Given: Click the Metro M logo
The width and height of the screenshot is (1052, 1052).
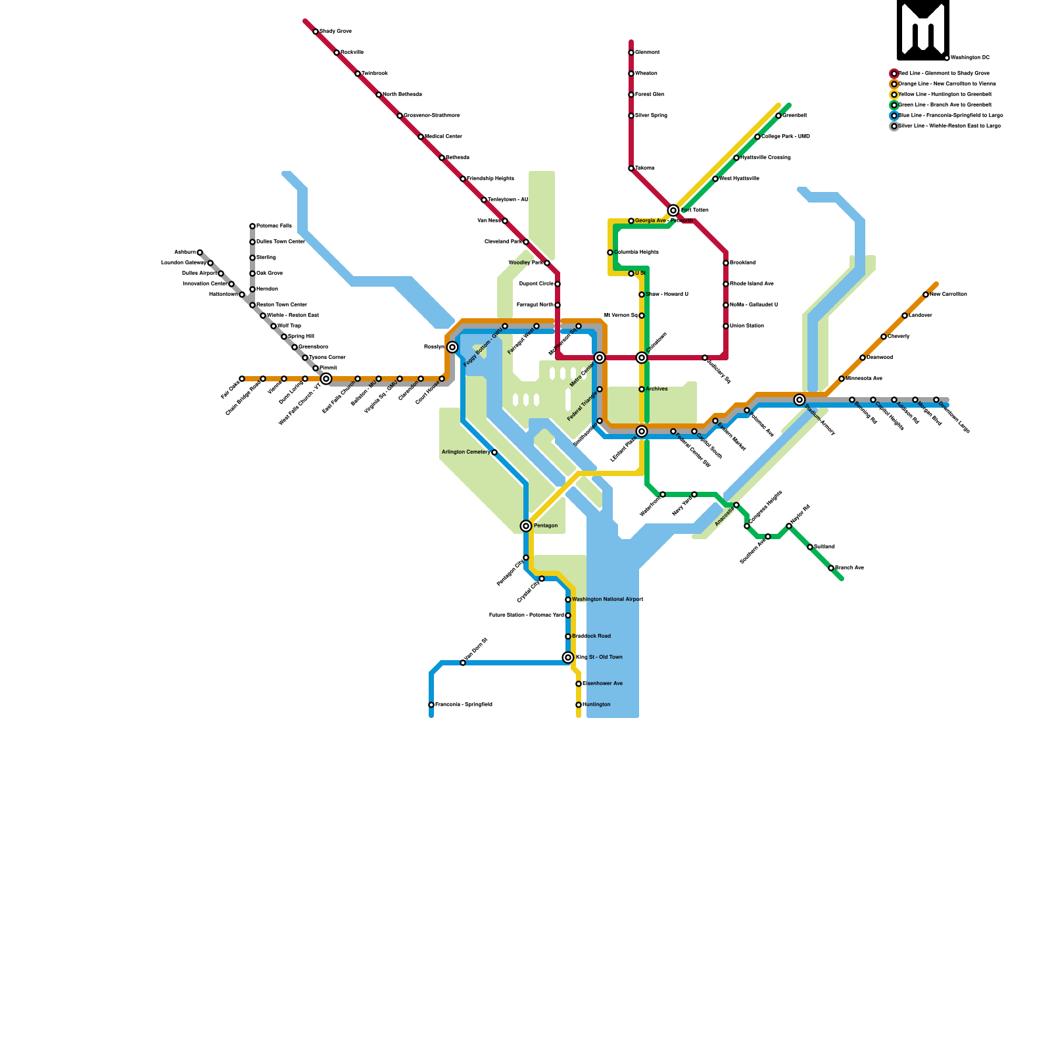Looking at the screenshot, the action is click(922, 29).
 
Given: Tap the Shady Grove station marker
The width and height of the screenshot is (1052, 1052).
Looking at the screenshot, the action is click(316, 32).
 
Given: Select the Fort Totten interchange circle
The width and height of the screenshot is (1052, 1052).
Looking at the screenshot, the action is click(673, 210).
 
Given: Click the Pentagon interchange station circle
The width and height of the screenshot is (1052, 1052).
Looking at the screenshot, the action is click(526, 526).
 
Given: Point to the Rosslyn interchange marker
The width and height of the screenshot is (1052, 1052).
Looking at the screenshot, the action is click(452, 347).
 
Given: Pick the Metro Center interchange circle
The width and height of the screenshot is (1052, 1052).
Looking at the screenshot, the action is click(600, 358).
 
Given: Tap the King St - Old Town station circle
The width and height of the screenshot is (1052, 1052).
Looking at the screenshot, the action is click(568, 657).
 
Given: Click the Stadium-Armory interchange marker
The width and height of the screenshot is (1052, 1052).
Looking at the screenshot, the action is click(800, 400).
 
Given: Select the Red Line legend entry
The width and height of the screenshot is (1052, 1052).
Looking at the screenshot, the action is click(944, 74).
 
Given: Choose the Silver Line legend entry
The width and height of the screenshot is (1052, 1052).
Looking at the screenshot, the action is click(949, 126).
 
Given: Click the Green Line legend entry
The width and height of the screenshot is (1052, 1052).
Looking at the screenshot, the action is click(944, 105).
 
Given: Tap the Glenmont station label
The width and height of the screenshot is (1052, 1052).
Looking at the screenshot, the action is click(648, 53).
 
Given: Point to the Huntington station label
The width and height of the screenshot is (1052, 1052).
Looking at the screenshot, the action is click(596, 705).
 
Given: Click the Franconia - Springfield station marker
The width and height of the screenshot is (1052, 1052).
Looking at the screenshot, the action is click(431, 705).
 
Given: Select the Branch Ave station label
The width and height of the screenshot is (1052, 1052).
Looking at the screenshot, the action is click(849, 568).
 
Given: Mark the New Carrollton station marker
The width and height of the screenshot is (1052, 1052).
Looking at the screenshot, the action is click(926, 295).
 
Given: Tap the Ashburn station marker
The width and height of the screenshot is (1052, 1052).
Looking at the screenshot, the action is click(200, 252).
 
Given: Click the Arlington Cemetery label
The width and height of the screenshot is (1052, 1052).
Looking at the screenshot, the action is click(466, 452).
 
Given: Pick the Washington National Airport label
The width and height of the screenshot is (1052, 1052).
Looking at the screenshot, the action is click(608, 600).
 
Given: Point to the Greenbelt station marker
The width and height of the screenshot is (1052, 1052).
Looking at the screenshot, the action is click(778, 116).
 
